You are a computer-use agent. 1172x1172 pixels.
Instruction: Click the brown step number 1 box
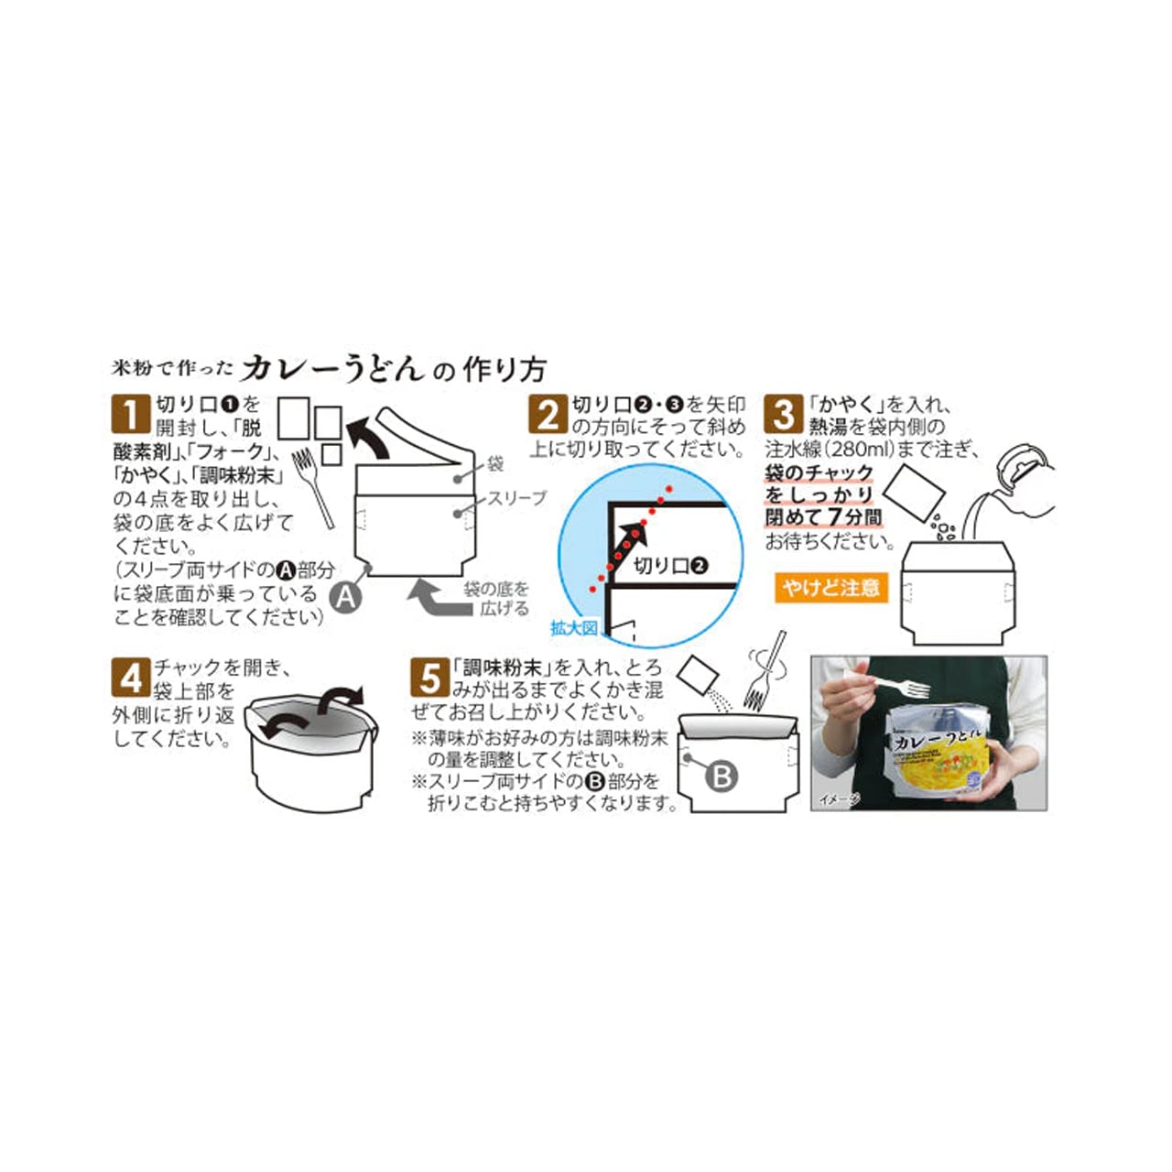click(x=130, y=414)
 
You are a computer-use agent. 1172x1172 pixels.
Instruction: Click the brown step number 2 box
click(x=548, y=414)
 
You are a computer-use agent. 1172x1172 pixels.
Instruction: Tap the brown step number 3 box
click(x=784, y=414)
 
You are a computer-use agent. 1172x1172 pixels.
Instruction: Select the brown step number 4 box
click(x=130, y=678)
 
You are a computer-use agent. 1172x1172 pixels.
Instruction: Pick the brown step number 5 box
click(x=430, y=678)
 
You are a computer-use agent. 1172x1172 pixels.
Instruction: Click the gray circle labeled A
click(x=345, y=597)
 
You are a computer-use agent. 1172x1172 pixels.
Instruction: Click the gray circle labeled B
click(x=722, y=777)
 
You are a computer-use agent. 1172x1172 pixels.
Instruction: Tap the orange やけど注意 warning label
click(x=830, y=587)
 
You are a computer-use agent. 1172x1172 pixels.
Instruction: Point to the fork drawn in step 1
click(x=313, y=485)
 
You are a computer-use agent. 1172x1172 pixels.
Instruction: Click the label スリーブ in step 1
click(x=515, y=498)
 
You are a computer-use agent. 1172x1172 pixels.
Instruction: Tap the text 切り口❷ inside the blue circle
click(x=671, y=566)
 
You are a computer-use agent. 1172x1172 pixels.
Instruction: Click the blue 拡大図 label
click(x=573, y=628)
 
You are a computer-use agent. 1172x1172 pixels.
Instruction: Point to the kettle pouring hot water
click(x=1016, y=481)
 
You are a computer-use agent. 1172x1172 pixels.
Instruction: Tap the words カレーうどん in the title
click(x=333, y=368)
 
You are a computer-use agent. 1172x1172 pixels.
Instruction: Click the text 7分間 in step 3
click(x=855, y=517)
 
